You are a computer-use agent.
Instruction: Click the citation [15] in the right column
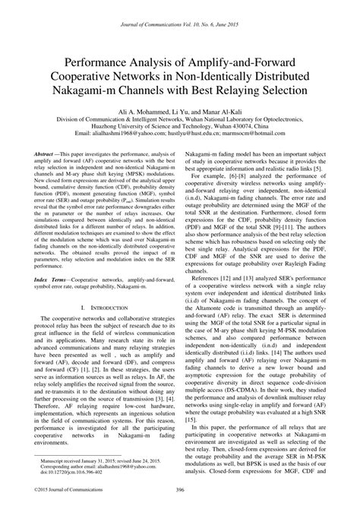click(x=191, y=420)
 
